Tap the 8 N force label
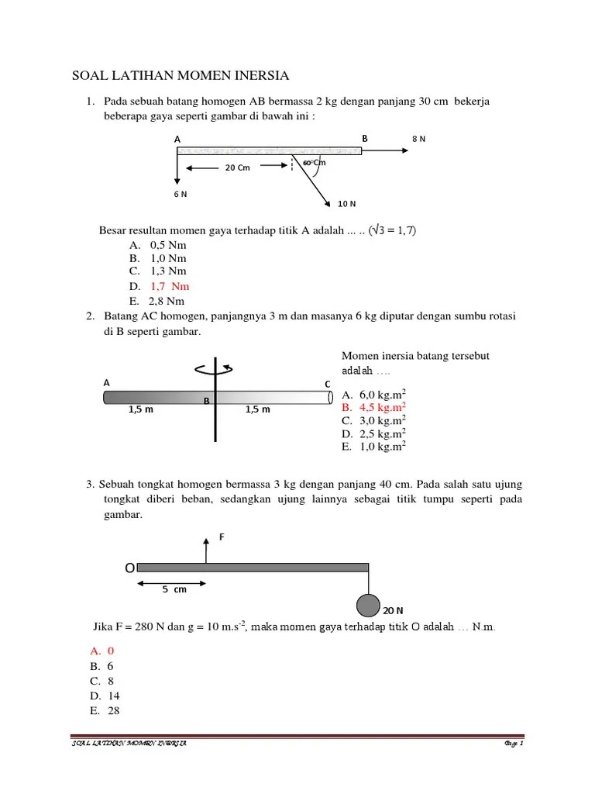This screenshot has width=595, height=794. coord(418,140)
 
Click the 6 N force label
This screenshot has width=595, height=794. coord(180,194)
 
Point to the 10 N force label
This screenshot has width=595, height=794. coord(346,204)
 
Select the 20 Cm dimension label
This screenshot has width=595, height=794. coord(237,167)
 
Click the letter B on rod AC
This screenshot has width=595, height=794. coord(207,401)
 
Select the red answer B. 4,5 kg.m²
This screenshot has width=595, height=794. coord(374,406)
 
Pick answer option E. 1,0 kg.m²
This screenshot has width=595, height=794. coord(374,447)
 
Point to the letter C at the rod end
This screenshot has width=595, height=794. coord(328,384)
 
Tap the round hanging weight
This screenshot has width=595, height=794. coord(368,606)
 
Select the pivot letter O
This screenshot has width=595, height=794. coord(129,568)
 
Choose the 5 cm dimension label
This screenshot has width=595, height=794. coord(174,589)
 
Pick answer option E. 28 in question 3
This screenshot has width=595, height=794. coord(105,710)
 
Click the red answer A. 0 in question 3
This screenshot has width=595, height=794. coord(101,651)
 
